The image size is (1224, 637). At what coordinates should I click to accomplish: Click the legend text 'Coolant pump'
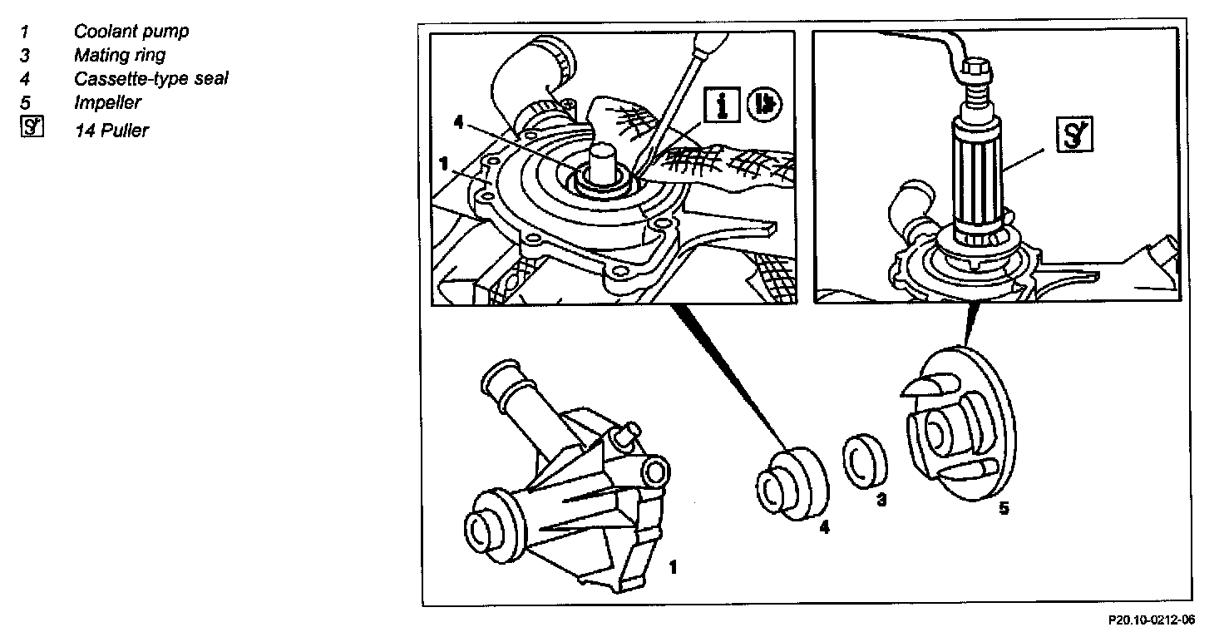131,32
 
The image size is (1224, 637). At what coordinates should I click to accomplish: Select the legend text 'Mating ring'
120,56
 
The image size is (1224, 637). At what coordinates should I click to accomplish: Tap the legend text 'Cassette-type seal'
151,79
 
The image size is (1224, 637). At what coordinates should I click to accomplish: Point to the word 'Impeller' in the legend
107,103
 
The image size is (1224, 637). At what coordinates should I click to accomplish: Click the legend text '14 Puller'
111,130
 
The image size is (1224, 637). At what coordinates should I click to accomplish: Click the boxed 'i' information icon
722,105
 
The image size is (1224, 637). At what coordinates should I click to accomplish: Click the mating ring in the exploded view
866,457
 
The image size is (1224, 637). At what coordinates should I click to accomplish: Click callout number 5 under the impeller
1004,508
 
